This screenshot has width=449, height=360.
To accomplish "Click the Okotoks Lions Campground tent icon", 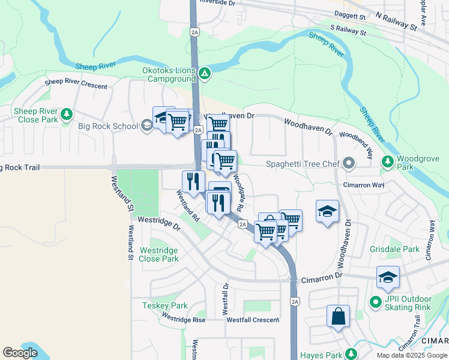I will [205, 74].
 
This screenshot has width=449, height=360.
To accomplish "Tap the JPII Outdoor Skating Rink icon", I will [376, 302].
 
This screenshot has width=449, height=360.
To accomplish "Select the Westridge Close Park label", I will [159, 254].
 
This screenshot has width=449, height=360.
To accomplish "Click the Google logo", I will [20, 353].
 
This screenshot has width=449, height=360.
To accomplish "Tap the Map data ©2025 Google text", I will [412, 355].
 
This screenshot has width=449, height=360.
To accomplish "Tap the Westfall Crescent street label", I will [252, 320].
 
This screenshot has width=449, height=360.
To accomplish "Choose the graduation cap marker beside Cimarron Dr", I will [388, 277].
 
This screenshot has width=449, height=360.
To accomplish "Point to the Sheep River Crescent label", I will [76, 83].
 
